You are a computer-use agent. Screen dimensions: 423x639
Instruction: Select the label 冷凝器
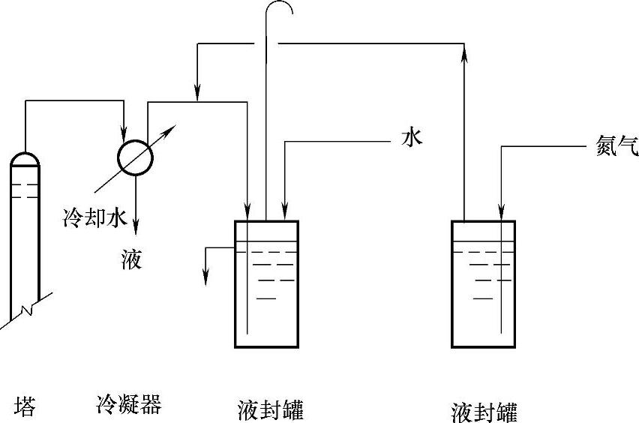click(129, 405)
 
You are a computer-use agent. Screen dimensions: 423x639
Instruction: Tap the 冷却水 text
click(94, 218)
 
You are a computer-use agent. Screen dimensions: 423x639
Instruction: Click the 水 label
click(412, 137)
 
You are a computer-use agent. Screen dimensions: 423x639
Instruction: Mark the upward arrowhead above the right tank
click(464, 50)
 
